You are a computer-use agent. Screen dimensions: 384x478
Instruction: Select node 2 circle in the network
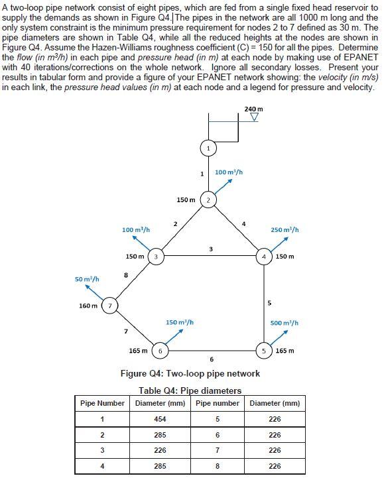pyautogui.click(x=208, y=200)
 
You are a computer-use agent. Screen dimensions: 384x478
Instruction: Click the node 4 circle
pyautogui.click(x=265, y=256)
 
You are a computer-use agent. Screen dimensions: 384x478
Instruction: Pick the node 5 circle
pyautogui.click(x=265, y=351)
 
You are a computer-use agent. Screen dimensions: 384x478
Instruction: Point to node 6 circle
pyautogui.click(x=160, y=351)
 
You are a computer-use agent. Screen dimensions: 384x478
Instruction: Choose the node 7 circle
pyautogui.click(x=110, y=306)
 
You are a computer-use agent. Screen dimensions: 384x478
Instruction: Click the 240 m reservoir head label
pyautogui.click(x=253, y=109)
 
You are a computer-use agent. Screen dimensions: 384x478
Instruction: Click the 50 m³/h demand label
pyautogui.click(x=87, y=279)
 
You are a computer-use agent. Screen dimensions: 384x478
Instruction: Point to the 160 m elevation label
pyautogui.click(x=88, y=306)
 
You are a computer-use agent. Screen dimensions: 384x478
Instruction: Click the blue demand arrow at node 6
pyautogui.click(x=174, y=335)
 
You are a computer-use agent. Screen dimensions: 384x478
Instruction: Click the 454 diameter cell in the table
pyautogui.click(x=160, y=419)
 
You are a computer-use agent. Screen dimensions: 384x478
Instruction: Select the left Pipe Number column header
pyautogui.click(x=102, y=403)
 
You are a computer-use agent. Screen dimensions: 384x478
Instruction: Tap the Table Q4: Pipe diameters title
pyautogui.click(x=190, y=390)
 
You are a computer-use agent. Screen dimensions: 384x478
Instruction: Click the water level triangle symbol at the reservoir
pyautogui.click(x=253, y=118)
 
